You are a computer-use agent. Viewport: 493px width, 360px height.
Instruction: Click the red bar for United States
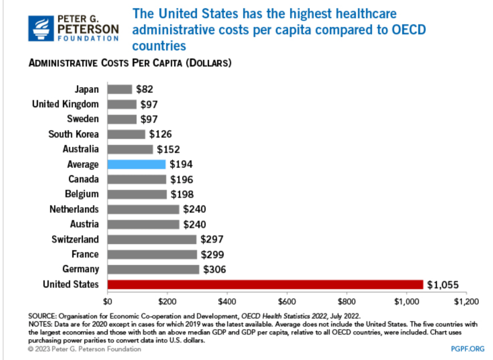pos(265,284)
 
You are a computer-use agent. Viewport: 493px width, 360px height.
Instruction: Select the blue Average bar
pos(136,164)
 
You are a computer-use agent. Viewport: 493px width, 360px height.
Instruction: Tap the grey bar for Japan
pos(119,89)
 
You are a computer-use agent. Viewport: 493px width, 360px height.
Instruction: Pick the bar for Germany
pos(153,269)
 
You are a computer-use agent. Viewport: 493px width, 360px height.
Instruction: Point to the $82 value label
pos(144,89)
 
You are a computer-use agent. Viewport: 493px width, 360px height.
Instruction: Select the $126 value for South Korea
pos(160,134)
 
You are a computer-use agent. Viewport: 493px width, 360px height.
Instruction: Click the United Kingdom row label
pos(65,104)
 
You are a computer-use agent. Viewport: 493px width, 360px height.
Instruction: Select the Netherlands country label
pos(74,209)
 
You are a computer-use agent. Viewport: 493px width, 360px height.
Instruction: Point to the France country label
pos(85,254)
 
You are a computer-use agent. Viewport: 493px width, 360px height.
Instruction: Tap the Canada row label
pos(83,179)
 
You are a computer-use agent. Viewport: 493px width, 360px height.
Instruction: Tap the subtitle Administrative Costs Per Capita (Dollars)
pos(130,64)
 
